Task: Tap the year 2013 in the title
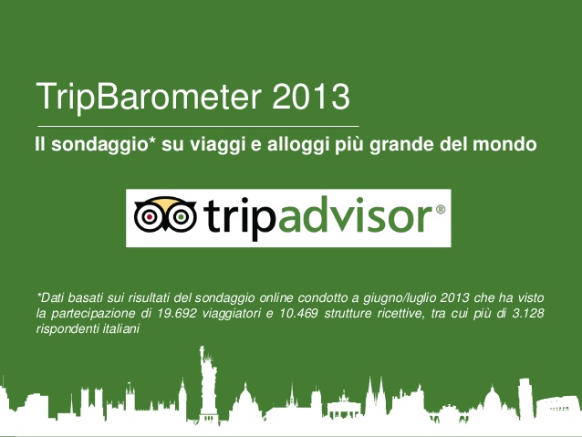311,97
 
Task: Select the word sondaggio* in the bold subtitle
102,145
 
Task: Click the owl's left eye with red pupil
150,216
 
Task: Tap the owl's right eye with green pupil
181,216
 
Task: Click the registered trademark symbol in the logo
440,210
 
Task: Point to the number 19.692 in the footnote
176,314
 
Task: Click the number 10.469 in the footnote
298,314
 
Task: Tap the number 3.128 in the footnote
528,314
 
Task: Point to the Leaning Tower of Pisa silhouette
525,394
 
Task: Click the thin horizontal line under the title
198,126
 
